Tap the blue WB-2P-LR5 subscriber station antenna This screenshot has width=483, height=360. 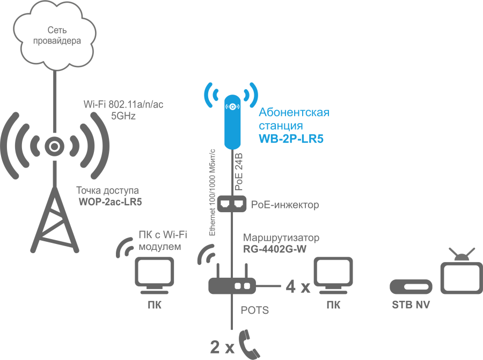[232, 122]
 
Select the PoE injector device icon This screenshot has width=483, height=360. [232, 204]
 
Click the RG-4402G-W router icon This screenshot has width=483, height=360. [231, 285]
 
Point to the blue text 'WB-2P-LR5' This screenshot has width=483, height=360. [291, 139]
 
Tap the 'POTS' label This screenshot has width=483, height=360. [254, 311]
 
